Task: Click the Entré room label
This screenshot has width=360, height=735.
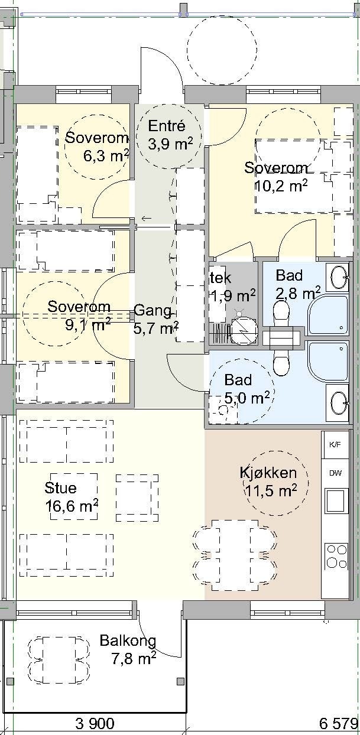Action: click(167, 126)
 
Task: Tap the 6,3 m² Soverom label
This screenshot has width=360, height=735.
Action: click(97, 139)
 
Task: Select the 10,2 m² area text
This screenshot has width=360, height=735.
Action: click(281, 186)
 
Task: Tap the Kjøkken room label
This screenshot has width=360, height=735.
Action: click(268, 473)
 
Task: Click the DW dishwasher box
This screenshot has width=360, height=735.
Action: click(335, 473)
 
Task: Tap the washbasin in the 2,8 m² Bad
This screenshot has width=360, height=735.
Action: click(338, 277)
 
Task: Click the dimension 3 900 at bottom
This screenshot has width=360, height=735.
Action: click(95, 723)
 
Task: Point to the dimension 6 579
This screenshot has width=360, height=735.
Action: click(339, 723)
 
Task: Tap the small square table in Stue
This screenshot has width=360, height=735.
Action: click(137, 497)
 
